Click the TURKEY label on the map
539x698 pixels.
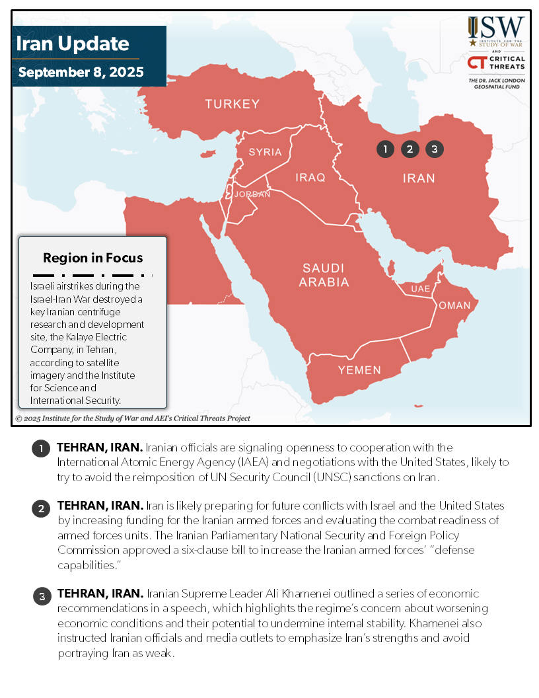[x=232, y=104]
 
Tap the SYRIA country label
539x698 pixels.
[x=265, y=152]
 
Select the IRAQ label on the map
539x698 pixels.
[x=310, y=178]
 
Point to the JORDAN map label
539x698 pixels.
[x=252, y=194]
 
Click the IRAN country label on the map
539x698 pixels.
[x=419, y=178]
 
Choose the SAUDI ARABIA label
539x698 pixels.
[x=323, y=275]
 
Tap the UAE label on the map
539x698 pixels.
[x=420, y=290]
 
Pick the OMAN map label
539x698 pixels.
[x=454, y=305]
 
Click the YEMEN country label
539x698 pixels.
[x=359, y=370]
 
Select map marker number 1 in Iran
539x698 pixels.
[x=385, y=149]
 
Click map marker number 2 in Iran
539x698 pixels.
[x=410, y=149]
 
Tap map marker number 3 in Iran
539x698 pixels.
[x=434, y=149]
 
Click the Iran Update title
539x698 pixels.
[x=73, y=44]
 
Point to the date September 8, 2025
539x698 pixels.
[x=81, y=72]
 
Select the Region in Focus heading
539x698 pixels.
[x=92, y=258]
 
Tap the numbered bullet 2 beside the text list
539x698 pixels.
[x=41, y=508]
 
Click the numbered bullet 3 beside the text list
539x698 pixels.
[x=41, y=596]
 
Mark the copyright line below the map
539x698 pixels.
[x=133, y=418]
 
